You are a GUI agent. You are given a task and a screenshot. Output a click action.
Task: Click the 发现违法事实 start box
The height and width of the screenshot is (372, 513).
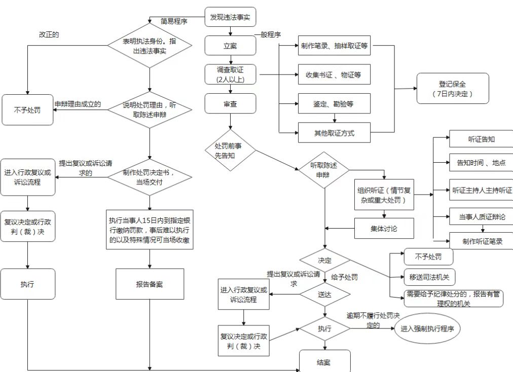(x=231, y=17)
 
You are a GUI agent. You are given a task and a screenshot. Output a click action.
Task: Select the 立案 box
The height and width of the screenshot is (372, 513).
(x=231, y=46)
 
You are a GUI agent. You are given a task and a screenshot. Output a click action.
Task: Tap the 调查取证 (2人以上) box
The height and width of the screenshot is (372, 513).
(x=231, y=74)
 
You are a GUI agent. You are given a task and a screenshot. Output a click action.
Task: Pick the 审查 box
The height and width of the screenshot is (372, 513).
(x=231, y=103)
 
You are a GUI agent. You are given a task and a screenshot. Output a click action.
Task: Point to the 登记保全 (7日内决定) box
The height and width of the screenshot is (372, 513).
(x=453, y=88)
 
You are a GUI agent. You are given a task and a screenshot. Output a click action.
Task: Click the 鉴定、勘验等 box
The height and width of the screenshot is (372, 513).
(x=334, y=104)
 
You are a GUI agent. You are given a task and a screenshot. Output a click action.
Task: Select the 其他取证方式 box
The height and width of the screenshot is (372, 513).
(x=334, y=133)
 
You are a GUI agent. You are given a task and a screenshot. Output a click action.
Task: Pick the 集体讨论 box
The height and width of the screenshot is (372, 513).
(x=384, y=229)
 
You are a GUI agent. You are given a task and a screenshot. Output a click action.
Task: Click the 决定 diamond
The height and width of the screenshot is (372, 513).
(x=324, y=261)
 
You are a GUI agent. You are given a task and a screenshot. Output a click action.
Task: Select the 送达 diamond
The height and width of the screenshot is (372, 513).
(x=324, y=294)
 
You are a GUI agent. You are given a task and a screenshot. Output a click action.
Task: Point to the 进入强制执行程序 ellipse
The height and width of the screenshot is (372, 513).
(x=430, y=329)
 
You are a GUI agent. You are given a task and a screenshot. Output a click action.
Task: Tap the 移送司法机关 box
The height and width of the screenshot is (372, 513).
(x=429, y=277)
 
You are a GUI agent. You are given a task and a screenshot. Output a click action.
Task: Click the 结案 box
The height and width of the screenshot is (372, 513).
(x=324, y=362)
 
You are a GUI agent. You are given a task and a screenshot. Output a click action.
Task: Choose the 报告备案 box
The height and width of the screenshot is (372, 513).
(x=150, y=284)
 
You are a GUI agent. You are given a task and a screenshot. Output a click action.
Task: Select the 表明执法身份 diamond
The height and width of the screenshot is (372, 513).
(x=150, y=47)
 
